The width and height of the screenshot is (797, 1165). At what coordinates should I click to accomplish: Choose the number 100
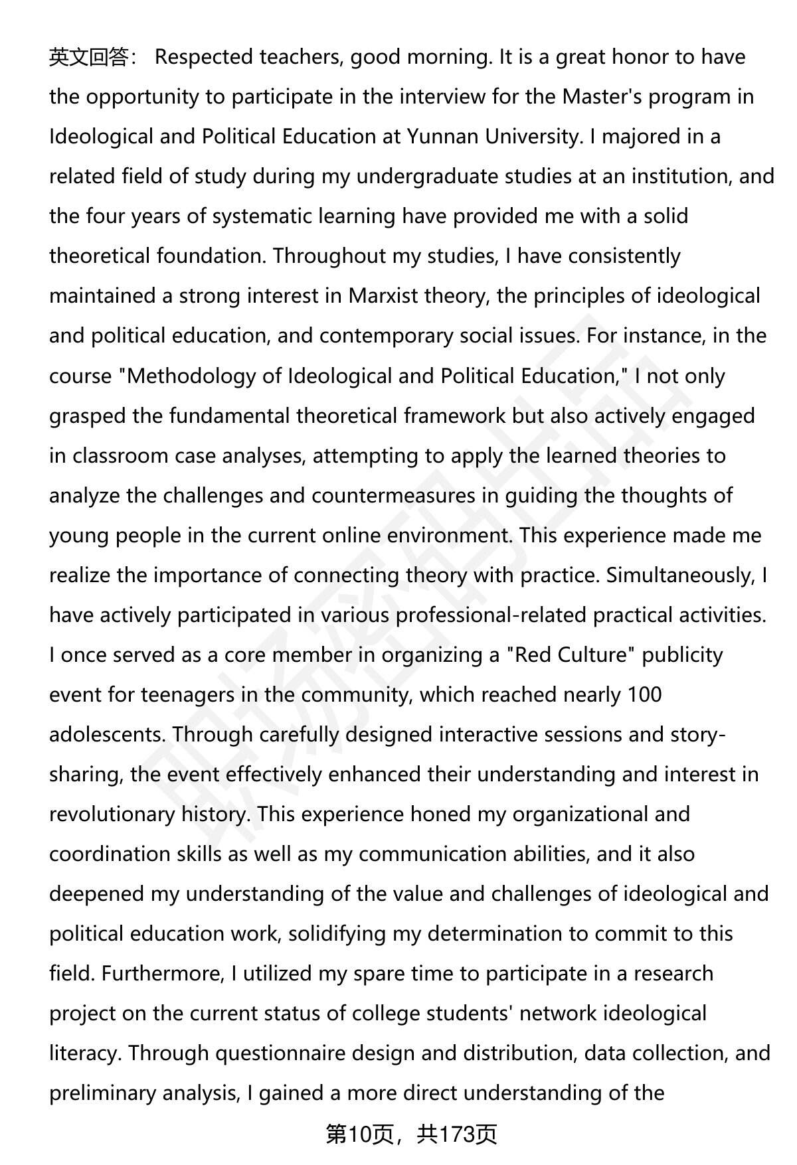point(644,695)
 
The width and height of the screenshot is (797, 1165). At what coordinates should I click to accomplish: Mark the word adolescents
point(107,735)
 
